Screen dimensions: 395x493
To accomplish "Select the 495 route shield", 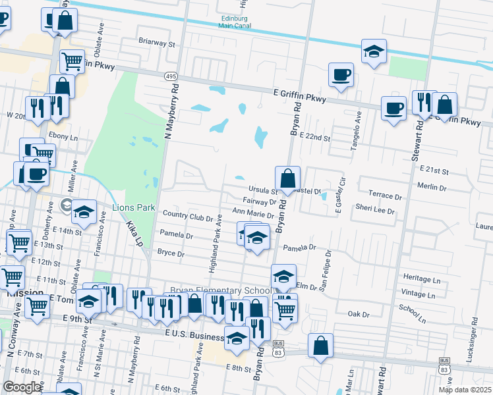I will tap(171, 77).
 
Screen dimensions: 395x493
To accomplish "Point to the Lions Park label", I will tap(133, 208).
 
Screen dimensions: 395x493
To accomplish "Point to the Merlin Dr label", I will tap(433, 186).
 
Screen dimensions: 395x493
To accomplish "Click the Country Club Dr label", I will tap(188, 215).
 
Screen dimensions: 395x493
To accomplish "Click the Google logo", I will tap(22, 387).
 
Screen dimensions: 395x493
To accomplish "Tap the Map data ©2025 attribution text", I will tap(465, 390).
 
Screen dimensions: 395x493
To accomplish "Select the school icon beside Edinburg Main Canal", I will tap(374, 53).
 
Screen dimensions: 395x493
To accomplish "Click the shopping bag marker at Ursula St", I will tap(287, 179).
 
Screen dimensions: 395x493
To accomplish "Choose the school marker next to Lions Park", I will tap(84, 213).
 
